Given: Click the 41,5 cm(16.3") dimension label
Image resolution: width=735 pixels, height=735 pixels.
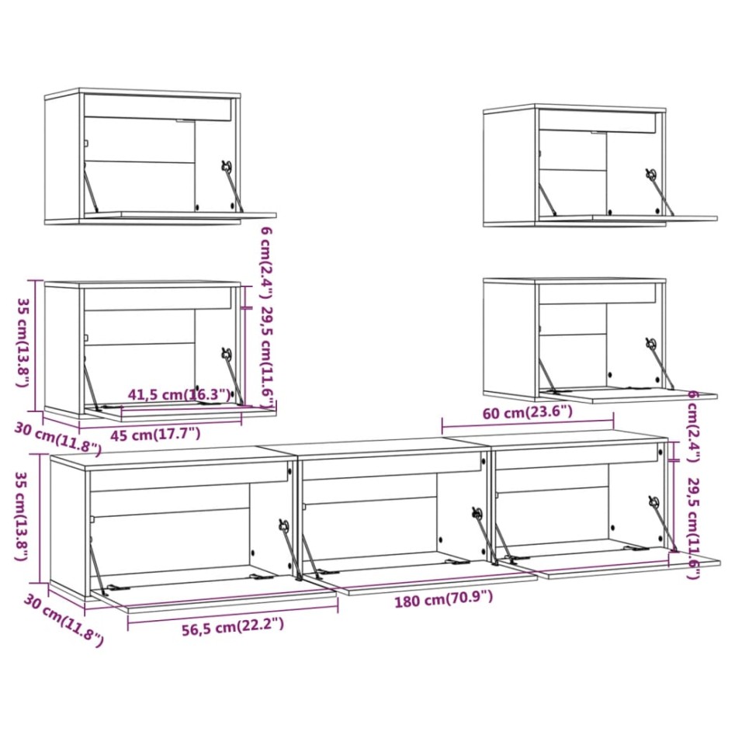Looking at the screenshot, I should coord(179,395).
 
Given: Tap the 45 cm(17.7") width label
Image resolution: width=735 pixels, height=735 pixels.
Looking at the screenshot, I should coord(155,434).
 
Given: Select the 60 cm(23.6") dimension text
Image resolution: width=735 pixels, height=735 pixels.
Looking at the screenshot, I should coord(527,411).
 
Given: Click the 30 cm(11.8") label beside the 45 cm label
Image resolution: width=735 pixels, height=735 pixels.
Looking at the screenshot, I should coord(58,438).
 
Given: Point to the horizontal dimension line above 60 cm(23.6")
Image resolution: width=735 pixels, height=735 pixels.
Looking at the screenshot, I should coord(528,425).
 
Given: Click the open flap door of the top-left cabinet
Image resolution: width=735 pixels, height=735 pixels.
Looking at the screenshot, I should coord(179,215).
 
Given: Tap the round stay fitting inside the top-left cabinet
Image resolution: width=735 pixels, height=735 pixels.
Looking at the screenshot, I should coord(226,166).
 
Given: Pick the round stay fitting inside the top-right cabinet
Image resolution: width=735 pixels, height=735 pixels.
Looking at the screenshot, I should coord(650,175).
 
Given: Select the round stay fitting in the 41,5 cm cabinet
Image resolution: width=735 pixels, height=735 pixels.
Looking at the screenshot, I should coord(226,354).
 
